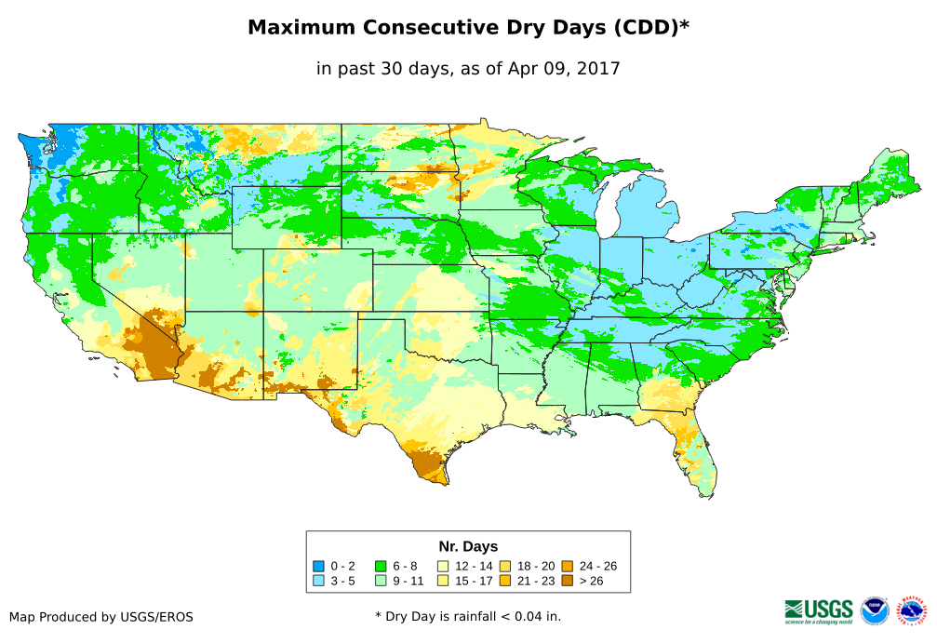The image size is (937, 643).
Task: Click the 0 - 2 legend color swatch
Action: click(319, 566)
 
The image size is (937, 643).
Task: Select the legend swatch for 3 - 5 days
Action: click(319, 581)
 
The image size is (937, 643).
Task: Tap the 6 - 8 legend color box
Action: click(381, 566)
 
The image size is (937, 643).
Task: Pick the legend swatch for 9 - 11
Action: click(381, 581)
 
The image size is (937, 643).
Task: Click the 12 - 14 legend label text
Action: click(474, 566)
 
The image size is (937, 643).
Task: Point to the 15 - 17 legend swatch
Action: click(444, 581)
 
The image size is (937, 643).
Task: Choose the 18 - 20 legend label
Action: click(536, 566)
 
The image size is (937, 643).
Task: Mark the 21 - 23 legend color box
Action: click(505, 581)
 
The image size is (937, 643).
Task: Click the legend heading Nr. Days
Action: click(468, 546)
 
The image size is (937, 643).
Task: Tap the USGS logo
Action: click(820, 610)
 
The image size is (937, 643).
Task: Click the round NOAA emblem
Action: click(875, 610)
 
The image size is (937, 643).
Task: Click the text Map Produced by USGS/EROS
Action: click(101, 617)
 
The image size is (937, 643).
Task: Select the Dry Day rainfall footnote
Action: click(468, 616)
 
